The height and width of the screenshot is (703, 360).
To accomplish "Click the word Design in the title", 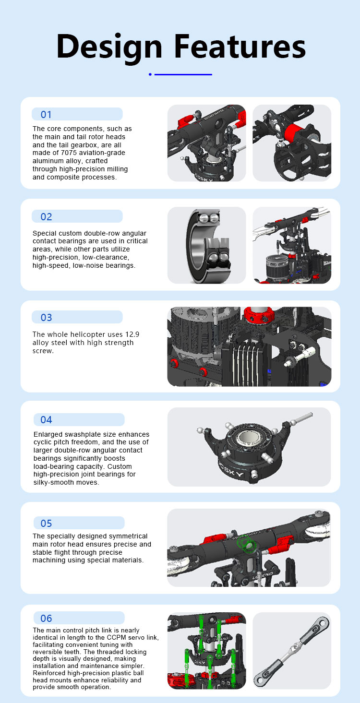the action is pyautogui.click(x=109, y=48).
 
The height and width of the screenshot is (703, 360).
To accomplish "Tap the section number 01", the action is pyautogui.click(x=46, y=115).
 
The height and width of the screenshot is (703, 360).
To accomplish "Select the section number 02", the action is pyautogui.click(x=46, y=217).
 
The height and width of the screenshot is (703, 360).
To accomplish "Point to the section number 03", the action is pyautogui.click(x=46, y=318).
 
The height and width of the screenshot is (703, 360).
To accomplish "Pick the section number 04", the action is pyautogui.click(x=46, y=420).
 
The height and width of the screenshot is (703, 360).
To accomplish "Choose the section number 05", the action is pyautogui.click(x=46, y=524).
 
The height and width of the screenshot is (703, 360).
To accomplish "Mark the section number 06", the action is pyautogui.click(x=46, y=619).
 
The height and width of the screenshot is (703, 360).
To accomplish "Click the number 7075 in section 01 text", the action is pyautogui.click(x=69, y=153).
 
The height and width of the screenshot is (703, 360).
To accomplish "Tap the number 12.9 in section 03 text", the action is pyautogui.click(x=132, y=334).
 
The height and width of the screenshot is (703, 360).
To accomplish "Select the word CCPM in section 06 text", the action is pyautogui.click(x=116, y=637).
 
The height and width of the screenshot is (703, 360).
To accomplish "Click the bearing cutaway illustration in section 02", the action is pyautogui.click(x=207, y=246).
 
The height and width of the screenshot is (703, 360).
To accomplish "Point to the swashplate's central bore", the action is pyautogui.click(x=247, y=438).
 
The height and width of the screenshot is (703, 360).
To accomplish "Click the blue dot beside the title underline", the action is pyautogui.click(x=150, y=74).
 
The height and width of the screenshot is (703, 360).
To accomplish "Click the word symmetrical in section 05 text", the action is pyautogui.click(x=126, y=536).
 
